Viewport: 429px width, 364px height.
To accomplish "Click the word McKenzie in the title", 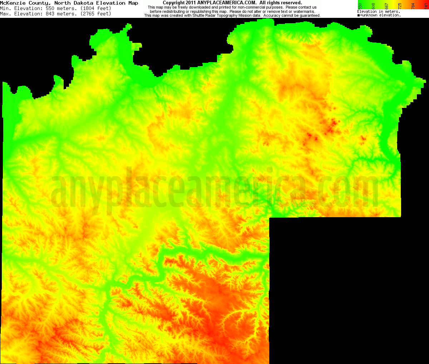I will point(13,3).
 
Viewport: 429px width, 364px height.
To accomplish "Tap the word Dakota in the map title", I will point(85,3).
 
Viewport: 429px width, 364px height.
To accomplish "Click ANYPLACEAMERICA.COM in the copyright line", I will point(227,3).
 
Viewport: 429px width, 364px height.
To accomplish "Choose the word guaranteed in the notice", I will point(308,16).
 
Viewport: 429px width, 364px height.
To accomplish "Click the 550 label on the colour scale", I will point(360,5).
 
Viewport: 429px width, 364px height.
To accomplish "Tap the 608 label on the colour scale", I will point(373,5).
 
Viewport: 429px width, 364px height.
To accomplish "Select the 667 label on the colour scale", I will point(386,5).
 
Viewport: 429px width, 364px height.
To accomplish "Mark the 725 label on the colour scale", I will point(400,5).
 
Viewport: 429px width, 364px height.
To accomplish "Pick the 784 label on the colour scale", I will point(413,5).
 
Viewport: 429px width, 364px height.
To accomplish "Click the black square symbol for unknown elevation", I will point(359,15).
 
